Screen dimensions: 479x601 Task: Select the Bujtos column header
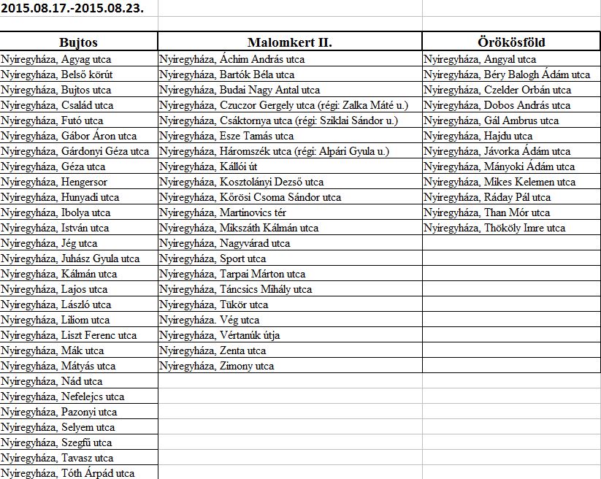[x=78, y=42]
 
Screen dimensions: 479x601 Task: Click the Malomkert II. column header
[x=289, y=42]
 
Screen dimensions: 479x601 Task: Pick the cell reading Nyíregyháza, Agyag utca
[x=57, y=59]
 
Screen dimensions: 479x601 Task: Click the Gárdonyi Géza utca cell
[x=75, y=151]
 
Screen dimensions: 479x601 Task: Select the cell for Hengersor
[x=54, y=182]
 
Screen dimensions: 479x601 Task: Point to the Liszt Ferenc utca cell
[x=69, y=335]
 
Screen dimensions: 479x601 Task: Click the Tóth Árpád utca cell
[x=67, y=473]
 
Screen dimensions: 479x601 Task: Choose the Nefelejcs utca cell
[x=63, y=396]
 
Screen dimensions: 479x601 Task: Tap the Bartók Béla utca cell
[x=227, y=74]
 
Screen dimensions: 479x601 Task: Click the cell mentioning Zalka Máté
[x=284, y=105]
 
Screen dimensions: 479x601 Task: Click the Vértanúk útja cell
[x=220, y=335]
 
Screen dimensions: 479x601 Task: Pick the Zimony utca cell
[x=217, y=366]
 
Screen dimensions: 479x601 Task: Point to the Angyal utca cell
[x=480, y=59]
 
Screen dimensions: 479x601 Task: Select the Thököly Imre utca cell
[x=494, y=228]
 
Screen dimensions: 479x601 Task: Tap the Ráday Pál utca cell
[x=487, y=197]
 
